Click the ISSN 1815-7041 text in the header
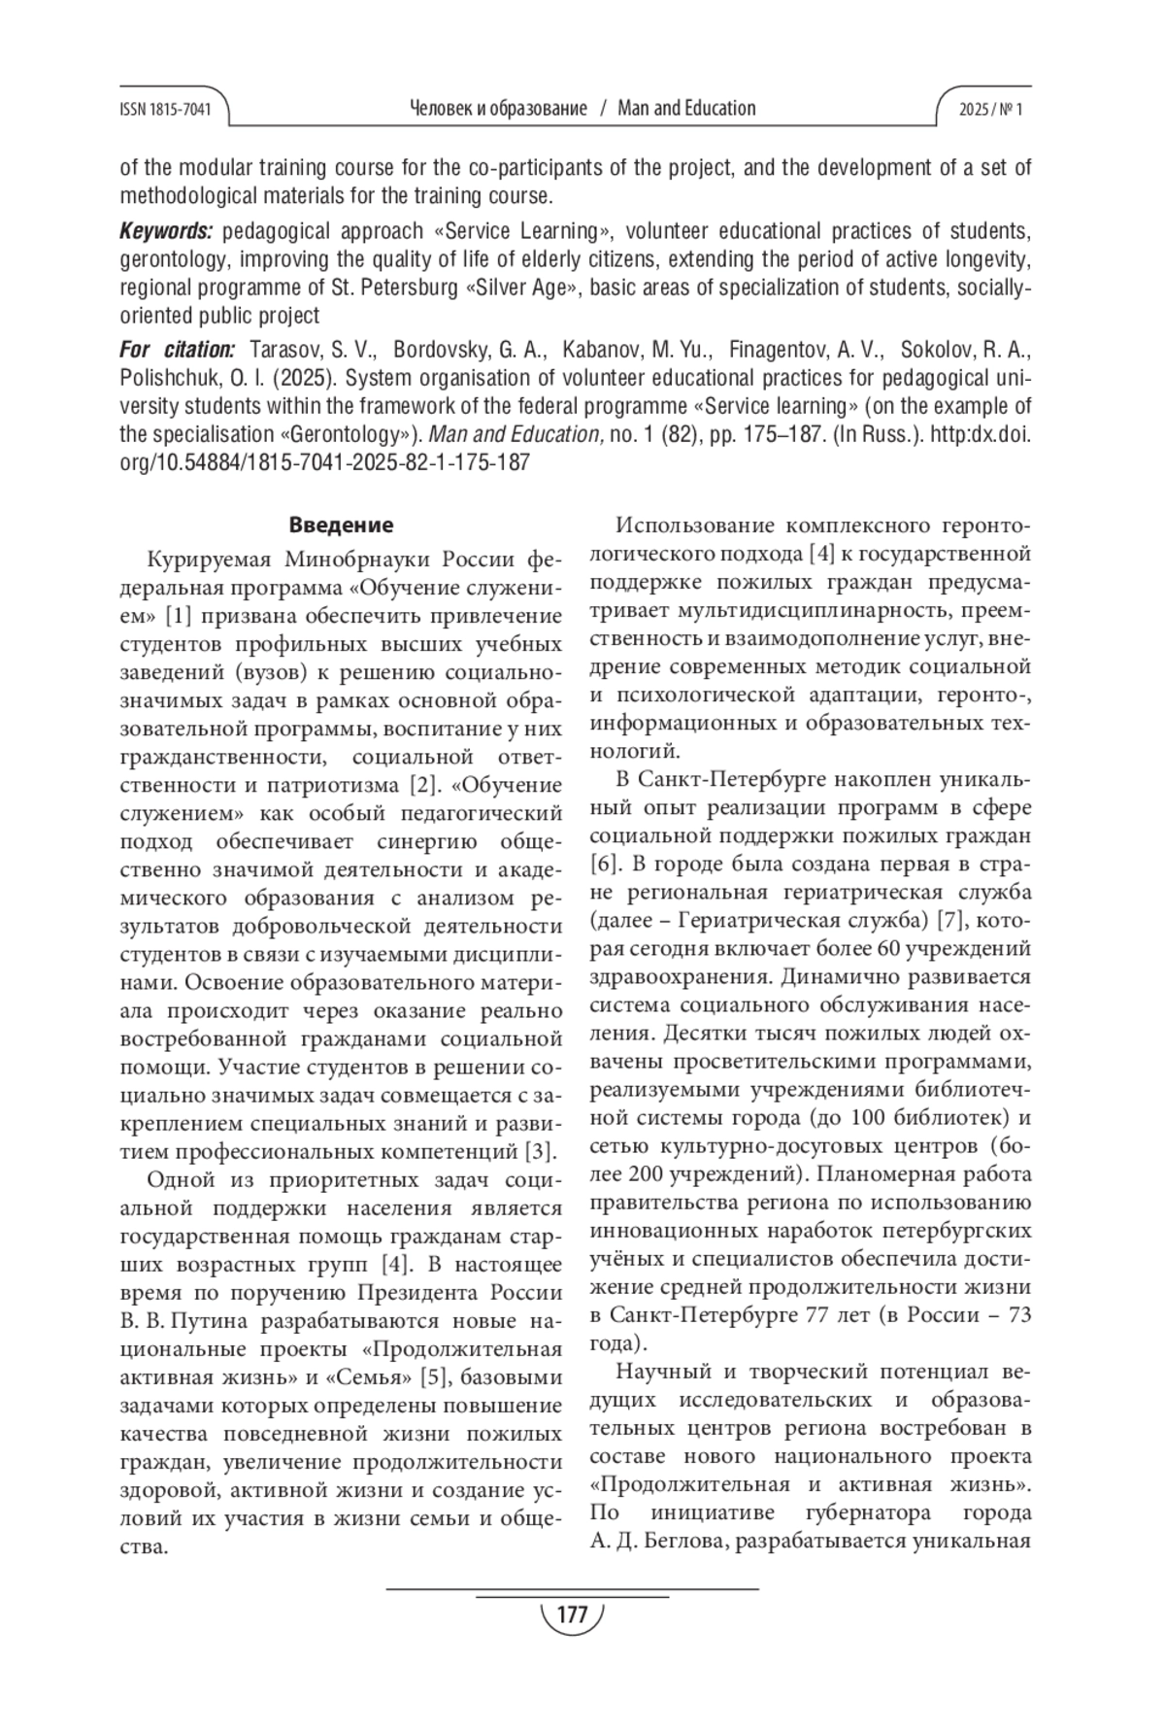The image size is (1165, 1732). tap(166, 110)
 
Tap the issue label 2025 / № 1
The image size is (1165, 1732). tap(990, 110)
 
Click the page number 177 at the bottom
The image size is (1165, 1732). tap(572, 1615)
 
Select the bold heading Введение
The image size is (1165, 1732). tap(341, 526)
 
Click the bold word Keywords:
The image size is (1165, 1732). tap(166, 231)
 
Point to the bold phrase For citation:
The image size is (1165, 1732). tap(177, 349)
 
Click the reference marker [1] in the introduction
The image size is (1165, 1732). tap(180, 616)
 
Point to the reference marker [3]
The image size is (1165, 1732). tap(539, 1152)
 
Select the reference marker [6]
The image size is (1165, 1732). tap(603, 863)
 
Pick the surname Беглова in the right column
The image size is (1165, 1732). tap(679, 1542)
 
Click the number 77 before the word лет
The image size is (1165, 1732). tap(820, 1316)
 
